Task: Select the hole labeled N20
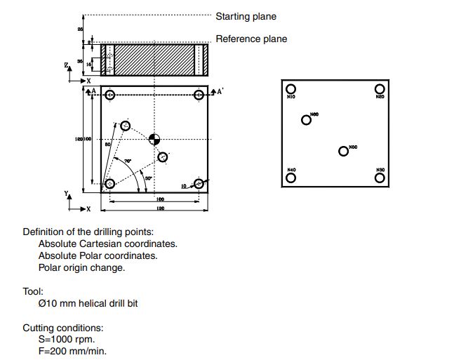379,88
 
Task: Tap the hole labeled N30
379,178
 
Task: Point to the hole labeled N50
343,151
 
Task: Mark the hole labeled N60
306,120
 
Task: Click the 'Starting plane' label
246,16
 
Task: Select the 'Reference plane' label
250,39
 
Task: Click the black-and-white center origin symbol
154,139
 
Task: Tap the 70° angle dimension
127,161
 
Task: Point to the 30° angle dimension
148,178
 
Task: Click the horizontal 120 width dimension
160,209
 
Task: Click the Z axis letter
66,65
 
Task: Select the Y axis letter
67,193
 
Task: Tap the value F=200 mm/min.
72,351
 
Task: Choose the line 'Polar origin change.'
81,267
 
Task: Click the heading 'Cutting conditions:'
63,328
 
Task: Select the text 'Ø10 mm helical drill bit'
92,303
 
